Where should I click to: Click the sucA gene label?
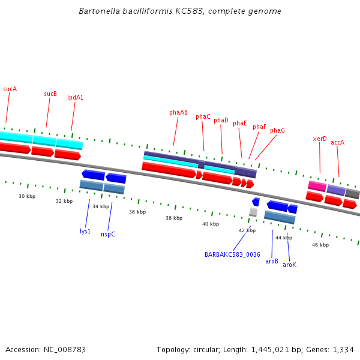point(10,89)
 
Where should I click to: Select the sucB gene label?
point(50,94)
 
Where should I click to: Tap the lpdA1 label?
point(75,97)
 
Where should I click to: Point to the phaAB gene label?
point(178,112)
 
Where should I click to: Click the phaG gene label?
point(277,130)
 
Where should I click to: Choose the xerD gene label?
point(320,139)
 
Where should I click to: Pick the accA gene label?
point(338,142)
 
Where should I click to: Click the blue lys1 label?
point(85,231)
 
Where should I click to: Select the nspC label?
point(108,234)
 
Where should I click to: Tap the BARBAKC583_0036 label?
point(232,254)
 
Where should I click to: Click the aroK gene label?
point(289,265)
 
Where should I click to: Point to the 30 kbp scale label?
point(27,196)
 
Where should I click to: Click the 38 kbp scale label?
point(174,218)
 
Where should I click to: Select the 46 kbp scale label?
point(320,245)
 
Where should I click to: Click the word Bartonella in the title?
point(98,11)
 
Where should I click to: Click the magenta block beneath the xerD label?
point(317,186)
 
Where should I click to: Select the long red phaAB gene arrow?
point(169,170)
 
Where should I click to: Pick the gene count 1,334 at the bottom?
point(344,349)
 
